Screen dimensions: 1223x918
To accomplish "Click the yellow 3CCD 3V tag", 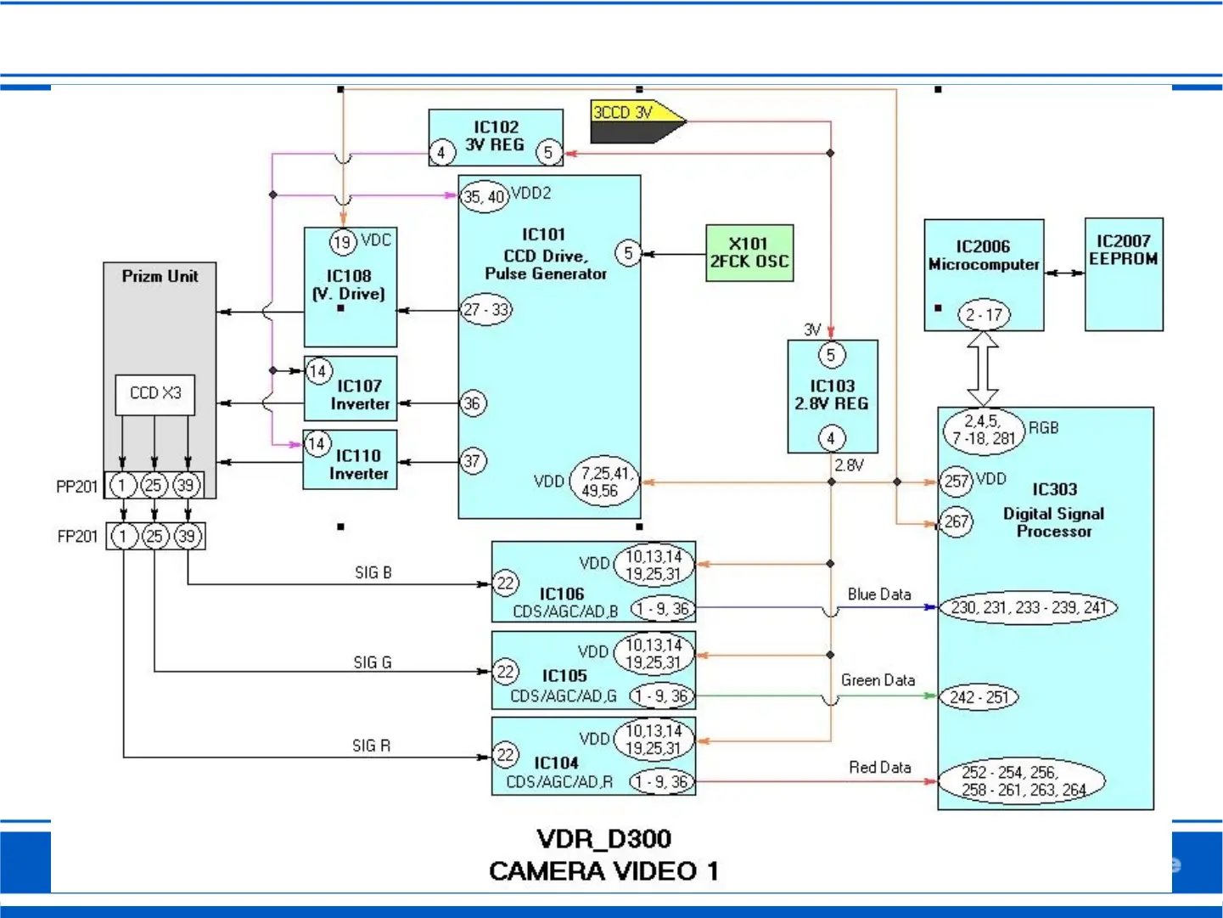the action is [x=637, y=121].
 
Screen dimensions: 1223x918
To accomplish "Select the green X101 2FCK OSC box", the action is [x=749, y=253].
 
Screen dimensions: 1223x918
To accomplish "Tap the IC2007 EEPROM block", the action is [x=1124, y=274].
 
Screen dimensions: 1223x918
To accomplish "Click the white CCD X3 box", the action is [x=155, y=395].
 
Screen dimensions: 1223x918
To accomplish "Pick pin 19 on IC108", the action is [x=343, y=242].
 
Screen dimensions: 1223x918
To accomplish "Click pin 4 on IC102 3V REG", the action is [x=442, y=152].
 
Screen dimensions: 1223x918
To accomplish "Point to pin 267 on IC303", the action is [x=957, y=522].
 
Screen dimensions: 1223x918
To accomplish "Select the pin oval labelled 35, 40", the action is [x=484, y=196].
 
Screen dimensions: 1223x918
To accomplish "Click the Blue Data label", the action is [x=879, y=594].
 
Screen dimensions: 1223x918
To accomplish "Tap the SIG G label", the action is [x=373, y=662].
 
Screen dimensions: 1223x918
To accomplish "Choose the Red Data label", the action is [x=880, y=768].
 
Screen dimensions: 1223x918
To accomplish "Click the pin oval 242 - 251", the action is [x=979, y=696].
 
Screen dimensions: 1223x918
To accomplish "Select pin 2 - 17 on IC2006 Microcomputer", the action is [x=984, y=314].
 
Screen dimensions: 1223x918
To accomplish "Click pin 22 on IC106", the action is [x=505, y=583].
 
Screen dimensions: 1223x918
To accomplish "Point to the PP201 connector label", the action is [x=77, y=487].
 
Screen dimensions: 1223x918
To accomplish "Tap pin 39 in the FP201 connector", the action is [x=188, y=536].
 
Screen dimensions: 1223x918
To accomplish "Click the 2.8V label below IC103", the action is [x=849, y=465].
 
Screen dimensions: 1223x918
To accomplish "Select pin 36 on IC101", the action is [x=473, y=403].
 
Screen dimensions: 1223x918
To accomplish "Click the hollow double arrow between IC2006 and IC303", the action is [x=983, y=369].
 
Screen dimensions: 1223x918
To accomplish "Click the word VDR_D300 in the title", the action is [x=604, y=838].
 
